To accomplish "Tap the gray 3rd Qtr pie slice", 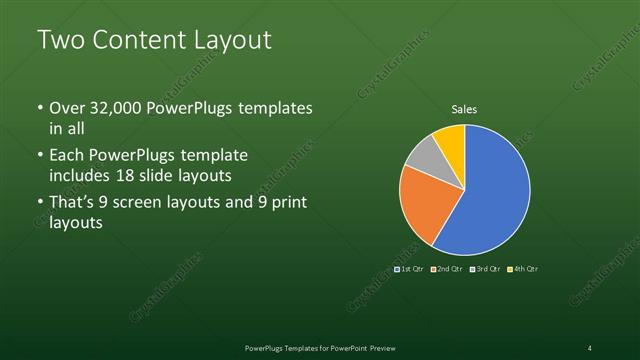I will (423, 153).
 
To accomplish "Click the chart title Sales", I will (464, 109).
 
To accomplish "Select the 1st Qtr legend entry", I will (410, 269).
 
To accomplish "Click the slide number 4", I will (590, 347).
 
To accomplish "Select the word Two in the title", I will (59, 40).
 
